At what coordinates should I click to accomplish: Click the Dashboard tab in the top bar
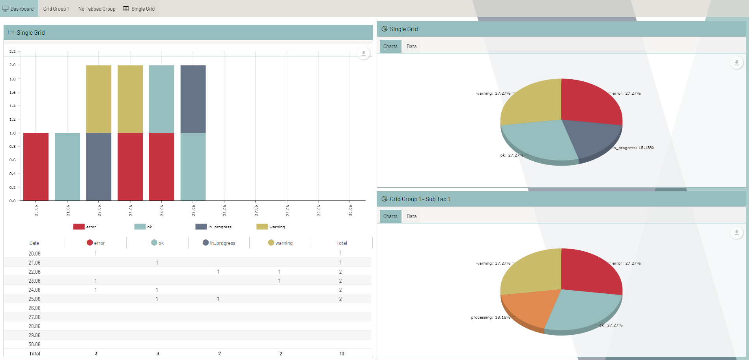point(19,9)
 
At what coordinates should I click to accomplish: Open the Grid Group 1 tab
point(56,9)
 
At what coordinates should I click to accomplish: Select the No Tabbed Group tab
point(97,9)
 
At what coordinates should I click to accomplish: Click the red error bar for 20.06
point(36,166)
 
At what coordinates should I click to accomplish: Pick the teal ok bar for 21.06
point(67,166)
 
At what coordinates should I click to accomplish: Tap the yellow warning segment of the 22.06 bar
point(99,99)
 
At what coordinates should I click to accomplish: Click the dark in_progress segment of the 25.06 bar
point(193,99)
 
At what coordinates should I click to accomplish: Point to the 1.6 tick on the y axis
point(13,92)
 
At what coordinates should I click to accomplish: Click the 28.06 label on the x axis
point(288,210)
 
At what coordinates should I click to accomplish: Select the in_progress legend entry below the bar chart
point(213,227)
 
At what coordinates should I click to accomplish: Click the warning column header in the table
point(280,243)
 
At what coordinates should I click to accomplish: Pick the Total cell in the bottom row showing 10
point(342,353)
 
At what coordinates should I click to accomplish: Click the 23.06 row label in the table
point(34,281)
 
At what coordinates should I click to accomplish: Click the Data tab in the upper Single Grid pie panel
point(411,46)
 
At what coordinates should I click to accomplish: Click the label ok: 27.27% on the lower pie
point(611,325)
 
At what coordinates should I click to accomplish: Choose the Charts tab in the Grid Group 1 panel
point(390,216)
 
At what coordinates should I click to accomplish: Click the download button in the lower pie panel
point(736,233)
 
